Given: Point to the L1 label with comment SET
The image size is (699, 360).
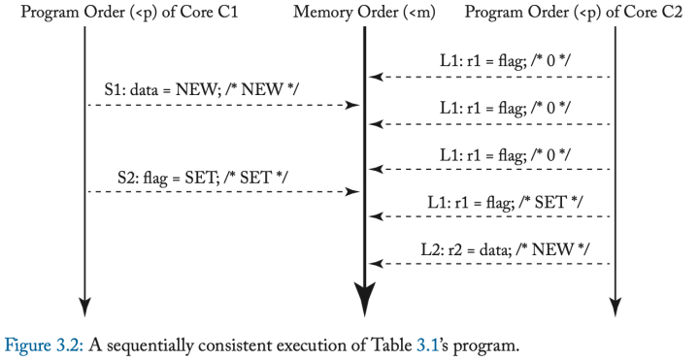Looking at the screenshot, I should coord(505,204).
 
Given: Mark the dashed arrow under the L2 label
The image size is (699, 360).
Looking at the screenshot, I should coord(490,263).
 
